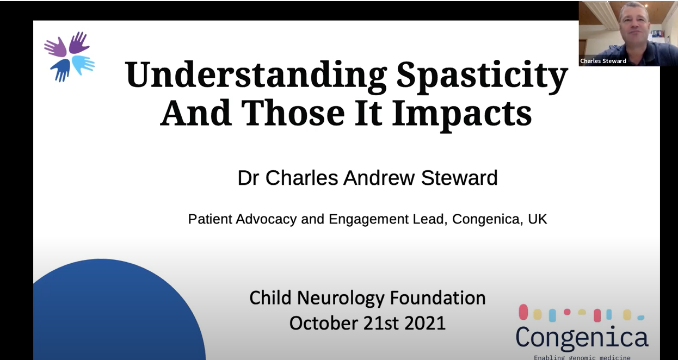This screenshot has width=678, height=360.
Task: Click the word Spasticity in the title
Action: tap(482, 76)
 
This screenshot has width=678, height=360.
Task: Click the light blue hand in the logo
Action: tap(83, 64)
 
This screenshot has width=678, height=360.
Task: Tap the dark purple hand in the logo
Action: tap(78, 42)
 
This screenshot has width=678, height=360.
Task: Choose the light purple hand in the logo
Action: tap(56, 47)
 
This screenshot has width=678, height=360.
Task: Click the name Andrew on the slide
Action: tap(379, 178)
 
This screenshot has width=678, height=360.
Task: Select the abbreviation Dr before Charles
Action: tap(248, 178)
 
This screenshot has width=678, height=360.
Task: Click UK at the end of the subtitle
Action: tap(538, 219)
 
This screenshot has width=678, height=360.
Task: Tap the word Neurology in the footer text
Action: tap(341, 298)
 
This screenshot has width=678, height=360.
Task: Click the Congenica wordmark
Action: tap(582, 337)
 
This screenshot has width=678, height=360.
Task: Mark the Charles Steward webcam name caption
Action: tap(603, 61)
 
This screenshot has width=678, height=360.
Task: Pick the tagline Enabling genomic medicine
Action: tap(582, 357)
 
